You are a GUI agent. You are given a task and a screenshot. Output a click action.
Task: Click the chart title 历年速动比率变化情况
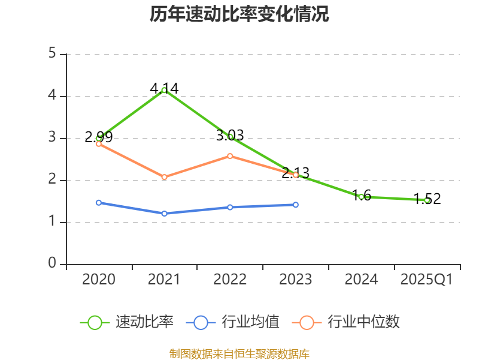pyautogui.click(x=239, y=14)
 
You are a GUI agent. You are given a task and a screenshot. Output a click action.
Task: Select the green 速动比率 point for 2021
pyautogui.click(x=164, y=90)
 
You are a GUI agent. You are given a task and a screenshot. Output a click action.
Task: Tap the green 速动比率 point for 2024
pyautogui.click(x=361, y=197)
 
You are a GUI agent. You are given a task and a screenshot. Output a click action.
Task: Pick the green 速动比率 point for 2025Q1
pyautogui.click(x=427, y=200)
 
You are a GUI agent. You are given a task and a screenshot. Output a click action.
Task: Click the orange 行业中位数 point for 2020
pyautogui.click(x=99, y=143)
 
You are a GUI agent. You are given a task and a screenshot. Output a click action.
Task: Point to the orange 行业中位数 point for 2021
pyautogui.click(x=164, y=177)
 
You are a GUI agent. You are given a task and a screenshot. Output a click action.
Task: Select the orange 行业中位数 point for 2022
pyautogui.click(x=230, y=156)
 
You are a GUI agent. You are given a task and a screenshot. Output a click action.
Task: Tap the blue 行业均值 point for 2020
pyautogui.click(x=99, y=203)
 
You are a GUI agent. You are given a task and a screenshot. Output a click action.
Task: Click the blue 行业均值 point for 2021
pyautogui.click(x=164, y=214)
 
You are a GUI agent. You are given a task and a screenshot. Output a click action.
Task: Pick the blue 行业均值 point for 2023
pyautogui.click(x=296, y=205)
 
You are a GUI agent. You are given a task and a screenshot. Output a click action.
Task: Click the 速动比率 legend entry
pyautogui.click(x=128, y=322)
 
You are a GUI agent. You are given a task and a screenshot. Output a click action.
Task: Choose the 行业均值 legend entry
pyautogui.click(x=234, y=322)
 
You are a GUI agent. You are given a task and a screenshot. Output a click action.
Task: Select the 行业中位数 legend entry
pyautogui.click(x=346, y=322)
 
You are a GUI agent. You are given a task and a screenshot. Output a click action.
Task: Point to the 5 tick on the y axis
pyautogui.click(x=52, y=54)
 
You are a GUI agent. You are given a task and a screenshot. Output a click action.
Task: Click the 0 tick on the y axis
pyautogui.click(x=52, y=264)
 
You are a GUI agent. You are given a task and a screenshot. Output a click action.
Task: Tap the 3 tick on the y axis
pyautogui.click(x=52, y=138)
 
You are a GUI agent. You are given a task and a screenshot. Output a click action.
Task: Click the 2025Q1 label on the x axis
pyautogui.click(x=427, y=280)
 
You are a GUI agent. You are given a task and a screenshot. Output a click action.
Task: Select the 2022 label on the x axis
pyautogui.click(x=230, y=280)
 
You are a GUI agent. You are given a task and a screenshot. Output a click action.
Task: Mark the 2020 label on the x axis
pyautogui.click(x=99, y=280)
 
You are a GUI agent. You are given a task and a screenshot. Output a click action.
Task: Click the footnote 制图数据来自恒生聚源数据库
pyautogui.click(x=239, y=353)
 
